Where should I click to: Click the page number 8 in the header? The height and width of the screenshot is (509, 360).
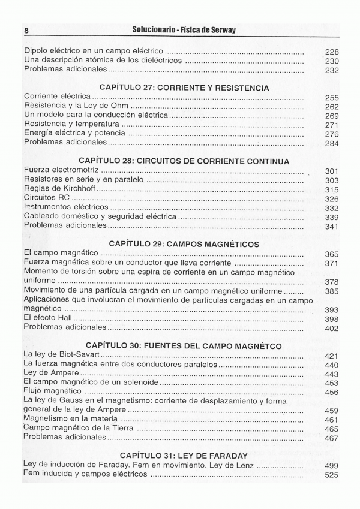click(x=26, y=30)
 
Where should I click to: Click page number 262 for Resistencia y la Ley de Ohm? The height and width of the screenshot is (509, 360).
click(x=332, y=107)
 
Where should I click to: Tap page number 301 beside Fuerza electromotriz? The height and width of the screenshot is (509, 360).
click(x=332, y=171)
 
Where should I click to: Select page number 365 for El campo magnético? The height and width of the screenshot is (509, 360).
click(x=332, y=254)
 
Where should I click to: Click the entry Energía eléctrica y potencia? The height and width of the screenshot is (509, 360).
click(x=74, y=133)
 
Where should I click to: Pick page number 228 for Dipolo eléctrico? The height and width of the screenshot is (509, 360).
click(x=332, y=52)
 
